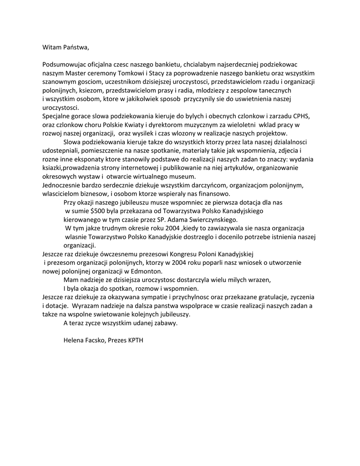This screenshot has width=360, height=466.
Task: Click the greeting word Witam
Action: tap(52, 47)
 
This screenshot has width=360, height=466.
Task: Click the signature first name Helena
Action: tap(74, 340)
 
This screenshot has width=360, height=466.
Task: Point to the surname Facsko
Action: tap(96, 340)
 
